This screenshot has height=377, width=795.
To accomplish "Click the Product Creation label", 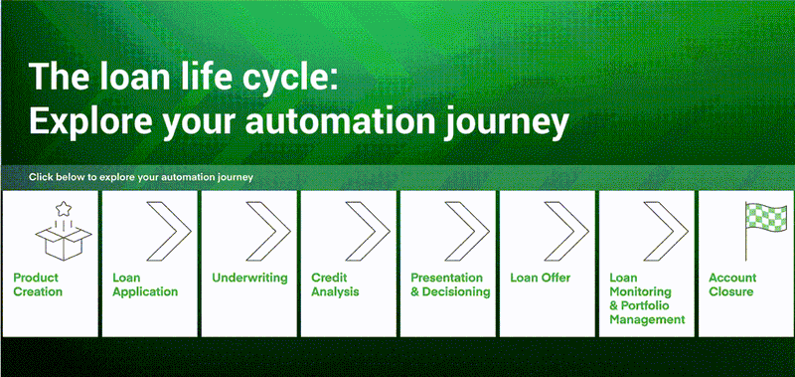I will [x=39, y=284].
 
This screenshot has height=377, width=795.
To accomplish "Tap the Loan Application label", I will [x=145, y=284].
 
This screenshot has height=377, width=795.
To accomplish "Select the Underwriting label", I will [x=249, y=278].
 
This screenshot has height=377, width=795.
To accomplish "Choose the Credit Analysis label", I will [x=335, y=284].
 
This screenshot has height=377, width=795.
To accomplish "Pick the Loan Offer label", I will [x=539, y=278].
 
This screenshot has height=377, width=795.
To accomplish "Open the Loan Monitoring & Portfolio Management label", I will [x=647, y=298].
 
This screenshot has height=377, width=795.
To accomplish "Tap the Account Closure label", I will [x=732, y=284].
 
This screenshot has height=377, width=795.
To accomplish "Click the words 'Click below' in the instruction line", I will [x=56, y=177].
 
